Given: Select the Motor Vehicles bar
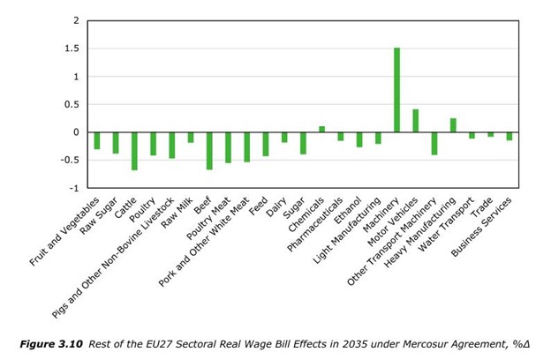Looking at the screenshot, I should pos(415,121).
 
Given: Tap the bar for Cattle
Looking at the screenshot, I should pos(134,151).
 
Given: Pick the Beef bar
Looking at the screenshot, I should pos(209,151).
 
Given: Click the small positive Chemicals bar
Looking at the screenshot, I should pos(321,130).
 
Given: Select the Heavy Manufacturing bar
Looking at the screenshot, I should pos(452,125).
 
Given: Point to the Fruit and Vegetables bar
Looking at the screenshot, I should pos(97,140).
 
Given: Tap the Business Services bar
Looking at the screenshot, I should pos(509,137).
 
